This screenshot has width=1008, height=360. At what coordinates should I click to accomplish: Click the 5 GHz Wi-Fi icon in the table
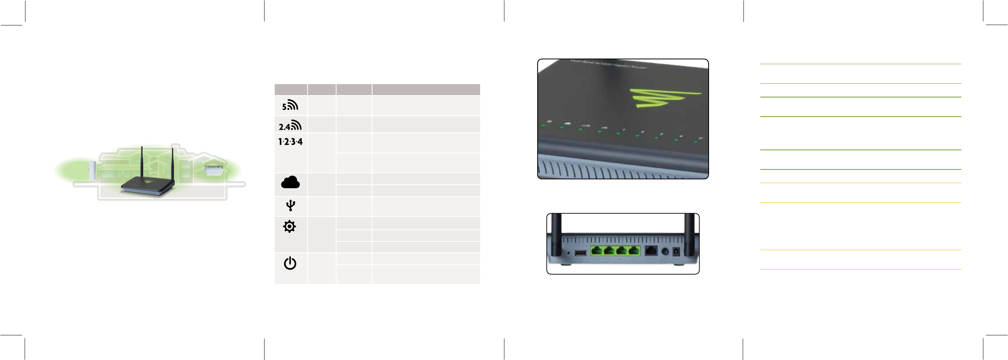tap(290, 105)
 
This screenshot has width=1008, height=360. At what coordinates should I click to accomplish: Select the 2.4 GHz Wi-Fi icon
tap(290, 125)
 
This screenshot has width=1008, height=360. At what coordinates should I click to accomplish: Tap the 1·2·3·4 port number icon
tap(290, 142)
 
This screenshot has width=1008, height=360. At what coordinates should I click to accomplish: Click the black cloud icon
tap(290, 182)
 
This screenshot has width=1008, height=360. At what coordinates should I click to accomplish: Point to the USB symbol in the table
tap(290, 205)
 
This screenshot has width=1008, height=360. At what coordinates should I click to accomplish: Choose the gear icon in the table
tap(290, 227)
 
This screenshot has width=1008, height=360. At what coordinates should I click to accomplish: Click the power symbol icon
tap(290, 263)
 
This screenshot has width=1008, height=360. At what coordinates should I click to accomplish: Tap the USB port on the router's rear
tap(580, 253)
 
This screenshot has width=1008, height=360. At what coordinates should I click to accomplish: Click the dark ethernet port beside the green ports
tap(650, 251)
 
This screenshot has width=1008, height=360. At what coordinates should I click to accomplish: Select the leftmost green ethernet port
tap(596, 250)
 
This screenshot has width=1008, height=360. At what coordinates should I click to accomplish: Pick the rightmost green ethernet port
tap(634, 250)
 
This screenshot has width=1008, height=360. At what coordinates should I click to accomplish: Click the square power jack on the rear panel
tap(676, 252)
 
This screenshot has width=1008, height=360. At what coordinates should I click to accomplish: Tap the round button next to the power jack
tap(664, 252)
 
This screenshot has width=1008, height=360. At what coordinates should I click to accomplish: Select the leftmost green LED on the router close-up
tap(544, 126)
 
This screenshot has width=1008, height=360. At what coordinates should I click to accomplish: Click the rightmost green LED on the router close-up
tap(696, 142)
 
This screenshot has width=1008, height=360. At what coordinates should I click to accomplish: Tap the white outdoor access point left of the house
tap(92, 170)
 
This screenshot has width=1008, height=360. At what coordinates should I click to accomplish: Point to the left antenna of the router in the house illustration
tap(142, 164)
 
